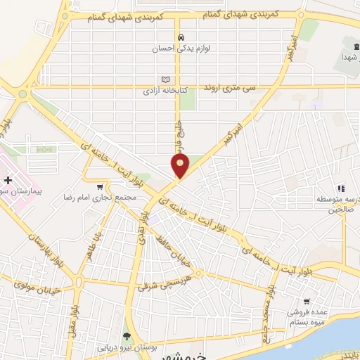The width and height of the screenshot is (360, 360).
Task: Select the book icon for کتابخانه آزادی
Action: [x=166, y=79]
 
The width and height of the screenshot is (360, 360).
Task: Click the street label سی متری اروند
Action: [x=228, y=86]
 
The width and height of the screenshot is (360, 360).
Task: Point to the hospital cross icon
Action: [x=8, y=181]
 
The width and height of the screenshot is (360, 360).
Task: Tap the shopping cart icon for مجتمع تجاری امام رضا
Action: [x=100, y=187]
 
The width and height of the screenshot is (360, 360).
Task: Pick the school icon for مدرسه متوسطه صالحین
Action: [x=341, y=188]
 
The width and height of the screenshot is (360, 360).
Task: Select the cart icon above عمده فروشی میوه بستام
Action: [x=307, y=302]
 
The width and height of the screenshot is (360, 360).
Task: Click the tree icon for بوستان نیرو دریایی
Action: [x=127, y=336]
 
